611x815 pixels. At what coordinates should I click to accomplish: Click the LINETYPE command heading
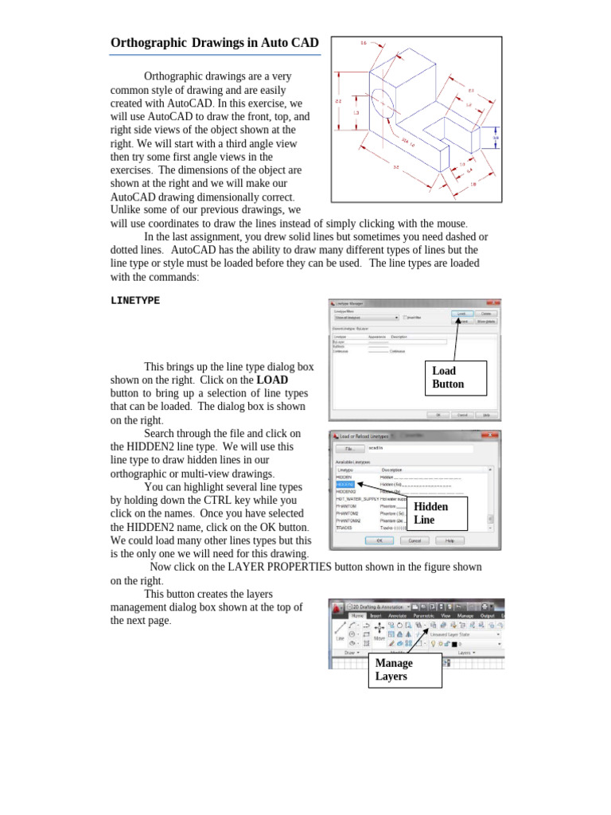pyautogui.click(x=135, y=301)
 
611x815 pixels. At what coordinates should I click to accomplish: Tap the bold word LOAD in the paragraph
pyautogui.click(x=272, y=380)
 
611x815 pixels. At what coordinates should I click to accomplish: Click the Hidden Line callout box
pyautogui.click(x=437, y=513)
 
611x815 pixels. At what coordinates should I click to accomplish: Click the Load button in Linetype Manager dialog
pyautogui.click(x=461, y=314)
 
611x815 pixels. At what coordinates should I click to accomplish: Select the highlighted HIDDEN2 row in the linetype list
pyautogui.click(x=345, y=484)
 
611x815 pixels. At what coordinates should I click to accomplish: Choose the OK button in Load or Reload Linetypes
pyautogui.click(x=379, y=540)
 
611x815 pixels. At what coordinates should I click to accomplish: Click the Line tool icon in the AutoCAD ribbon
pyautogui.click(x=340, y=630)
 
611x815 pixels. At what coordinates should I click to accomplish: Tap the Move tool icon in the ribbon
pyautogui.click(x=379, y=630)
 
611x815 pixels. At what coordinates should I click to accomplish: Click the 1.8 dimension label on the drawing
pyautogui.click(x=474, y=184)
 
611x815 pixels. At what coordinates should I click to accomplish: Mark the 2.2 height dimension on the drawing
pyautogui.click(x=338, y=101)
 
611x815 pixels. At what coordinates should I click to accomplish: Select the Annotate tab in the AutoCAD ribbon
pyautogui.click(x=398, y=615)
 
